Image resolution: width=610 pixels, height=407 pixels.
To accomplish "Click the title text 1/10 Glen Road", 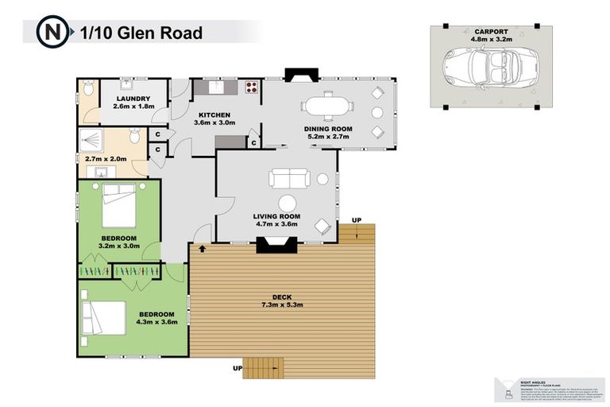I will coord(141,33).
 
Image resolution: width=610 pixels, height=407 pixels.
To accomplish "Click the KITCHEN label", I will coord(215,115).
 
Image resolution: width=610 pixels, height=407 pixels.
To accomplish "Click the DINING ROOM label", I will coord(329,129).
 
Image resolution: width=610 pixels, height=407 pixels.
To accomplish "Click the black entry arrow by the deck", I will coord(202,249).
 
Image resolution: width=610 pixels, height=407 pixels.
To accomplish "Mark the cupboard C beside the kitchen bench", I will coord(253,143).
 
